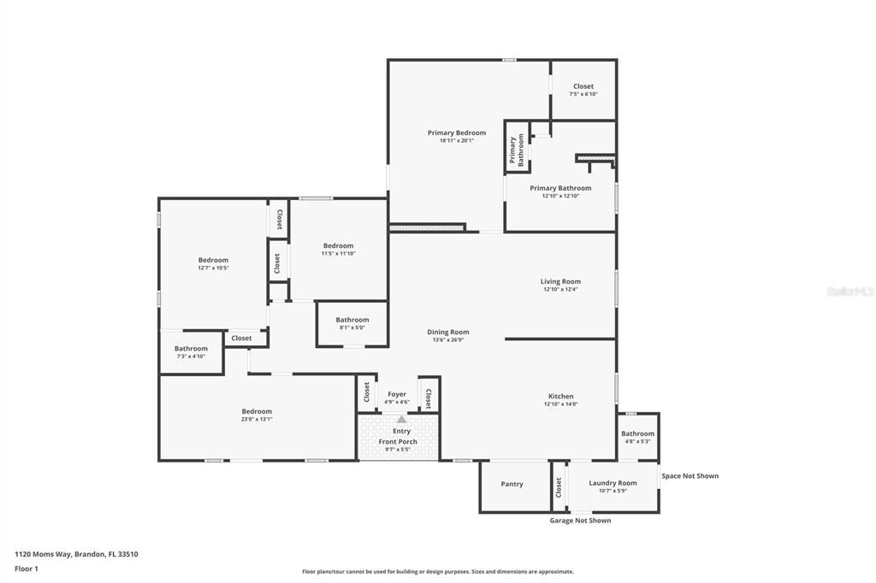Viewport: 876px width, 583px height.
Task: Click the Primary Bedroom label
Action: click(x=457, y=132)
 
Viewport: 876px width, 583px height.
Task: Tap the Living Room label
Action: click(x=560, y=281)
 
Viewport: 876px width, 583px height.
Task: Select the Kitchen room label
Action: click(x=560, y=396)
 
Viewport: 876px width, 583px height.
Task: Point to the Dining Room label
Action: click(x=448, y=332)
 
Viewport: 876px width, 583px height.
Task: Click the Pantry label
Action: click(x=512, y=484)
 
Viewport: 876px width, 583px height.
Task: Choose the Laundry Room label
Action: click(x=613, y=483)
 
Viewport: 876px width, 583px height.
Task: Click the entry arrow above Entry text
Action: click(x=401, y=419)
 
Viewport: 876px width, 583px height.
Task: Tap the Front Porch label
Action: click(x=398, y=441)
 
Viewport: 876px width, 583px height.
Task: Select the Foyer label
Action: click(x=397, y=394)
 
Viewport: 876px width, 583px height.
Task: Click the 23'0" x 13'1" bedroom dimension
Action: click(x=257, y=420)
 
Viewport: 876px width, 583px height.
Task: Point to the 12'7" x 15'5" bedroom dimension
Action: click(x=213, y=268)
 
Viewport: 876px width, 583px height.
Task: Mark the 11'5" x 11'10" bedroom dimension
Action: click(x=338, y=253)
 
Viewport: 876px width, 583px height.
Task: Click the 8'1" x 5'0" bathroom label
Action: click(x=352, y=320)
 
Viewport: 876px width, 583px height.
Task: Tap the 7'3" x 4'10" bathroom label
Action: click(x=191, y=348)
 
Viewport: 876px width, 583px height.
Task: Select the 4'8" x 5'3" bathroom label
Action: click(x=637, y=433)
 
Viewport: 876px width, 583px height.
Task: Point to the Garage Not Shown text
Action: click(x=580, y=520)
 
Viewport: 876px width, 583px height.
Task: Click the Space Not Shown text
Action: click(x=690, y=475)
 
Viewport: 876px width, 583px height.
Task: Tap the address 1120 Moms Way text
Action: click(x=76, y=554)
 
